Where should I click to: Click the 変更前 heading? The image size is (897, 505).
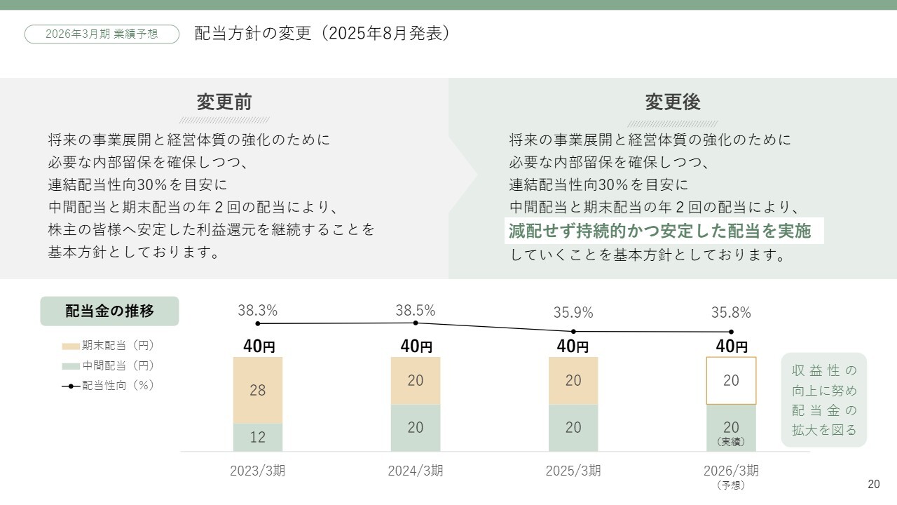click(x=224, y=102)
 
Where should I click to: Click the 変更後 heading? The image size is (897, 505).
click(x=673, y=102)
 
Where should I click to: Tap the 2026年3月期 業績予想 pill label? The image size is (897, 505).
click(x=102, y=34)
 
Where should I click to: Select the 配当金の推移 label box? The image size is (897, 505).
click(x=109, y=311)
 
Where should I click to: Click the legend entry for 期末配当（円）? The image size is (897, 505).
click(x=108, y=346)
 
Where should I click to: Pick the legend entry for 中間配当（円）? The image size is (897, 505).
click(x=108, y=365)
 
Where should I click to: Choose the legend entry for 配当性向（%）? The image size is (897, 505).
click(x=108, y=385)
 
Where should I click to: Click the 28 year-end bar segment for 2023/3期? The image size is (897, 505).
click(x=258, y=390)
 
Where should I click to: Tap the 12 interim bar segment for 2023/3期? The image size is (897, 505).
click(x=258, y=437)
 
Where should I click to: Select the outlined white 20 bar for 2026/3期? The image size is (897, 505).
click(x=731, y=380)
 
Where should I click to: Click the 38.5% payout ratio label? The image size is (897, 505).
click(x=416, y=310)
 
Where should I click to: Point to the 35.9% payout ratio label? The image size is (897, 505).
click(x=573, y=313)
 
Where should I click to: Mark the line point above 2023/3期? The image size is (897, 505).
click(x=258, y=323)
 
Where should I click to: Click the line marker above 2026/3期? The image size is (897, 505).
click(x=731, y=332)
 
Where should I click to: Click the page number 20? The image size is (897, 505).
click(x=873, y=485)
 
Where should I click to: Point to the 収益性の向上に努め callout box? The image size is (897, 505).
click(x=824, y=400)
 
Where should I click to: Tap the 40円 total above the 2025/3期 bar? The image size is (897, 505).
click(x=573, y=346)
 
